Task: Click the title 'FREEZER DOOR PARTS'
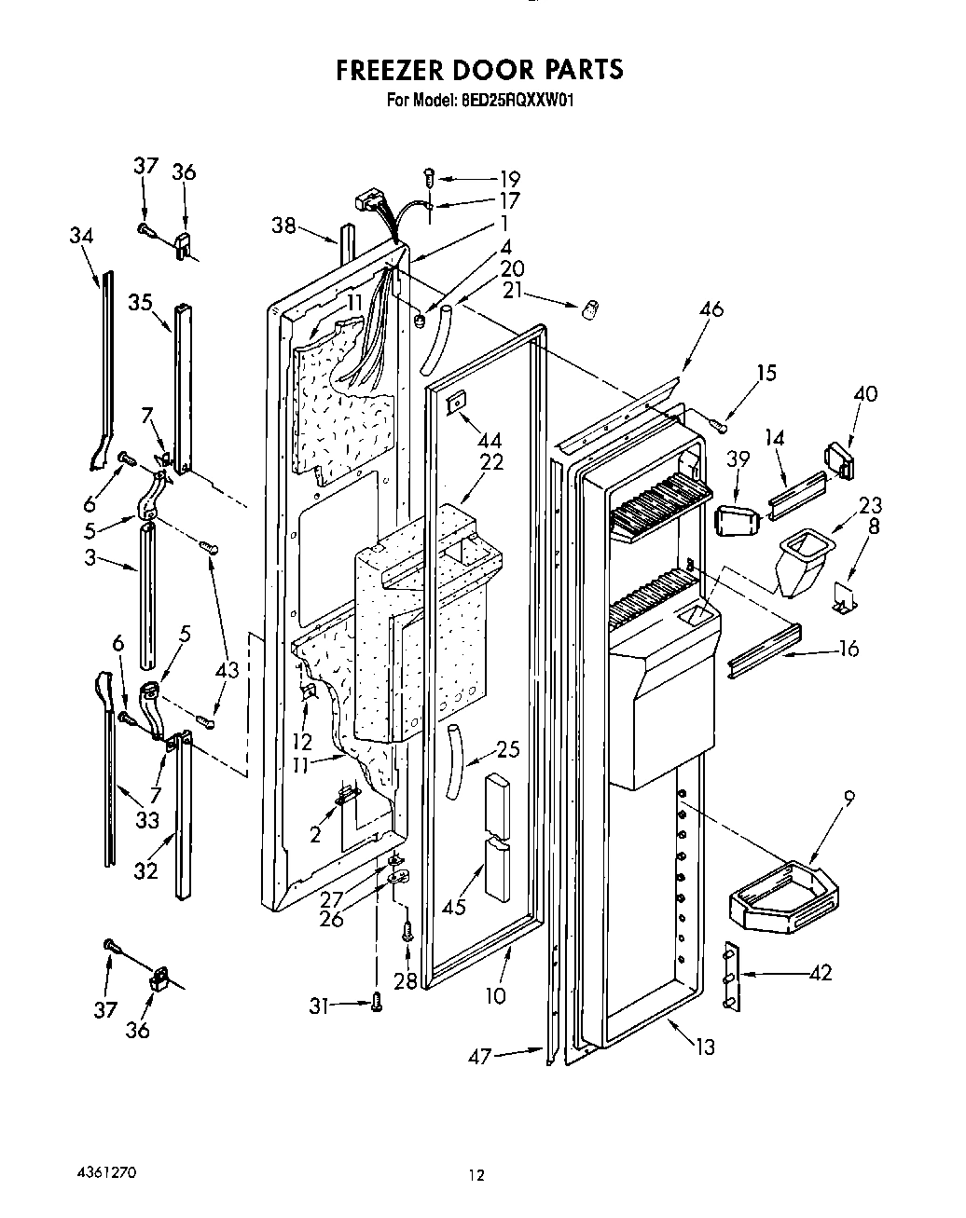click(x=478, y=70)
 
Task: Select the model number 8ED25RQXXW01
click(x=516, y=99)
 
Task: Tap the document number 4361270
click(x=105, y=1171)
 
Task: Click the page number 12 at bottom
click(x=476, y=1176)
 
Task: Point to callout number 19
click(x=509, y=179)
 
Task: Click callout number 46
click(x=711, y=309)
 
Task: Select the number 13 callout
click(x=705, y=1047)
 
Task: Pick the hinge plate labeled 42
click(x=730, y=976)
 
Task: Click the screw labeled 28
click(x=407, y=929)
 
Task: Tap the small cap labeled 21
click(x=588, y=311)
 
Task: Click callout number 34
click(x=81, y=236)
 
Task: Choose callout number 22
click(x=491, y=462)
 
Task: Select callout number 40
click(x=864, y=394)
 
